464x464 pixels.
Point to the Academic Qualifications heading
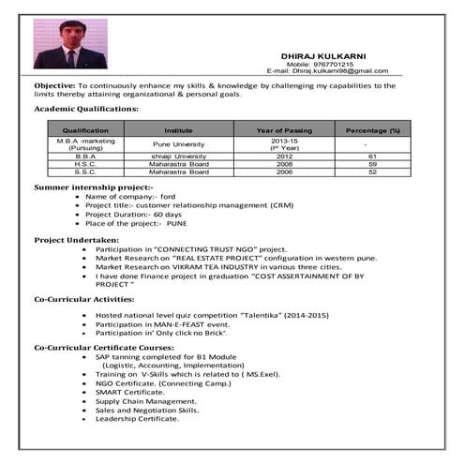click(86, 110)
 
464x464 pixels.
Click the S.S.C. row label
click(85, 172)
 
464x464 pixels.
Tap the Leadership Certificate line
click(137, 418)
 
